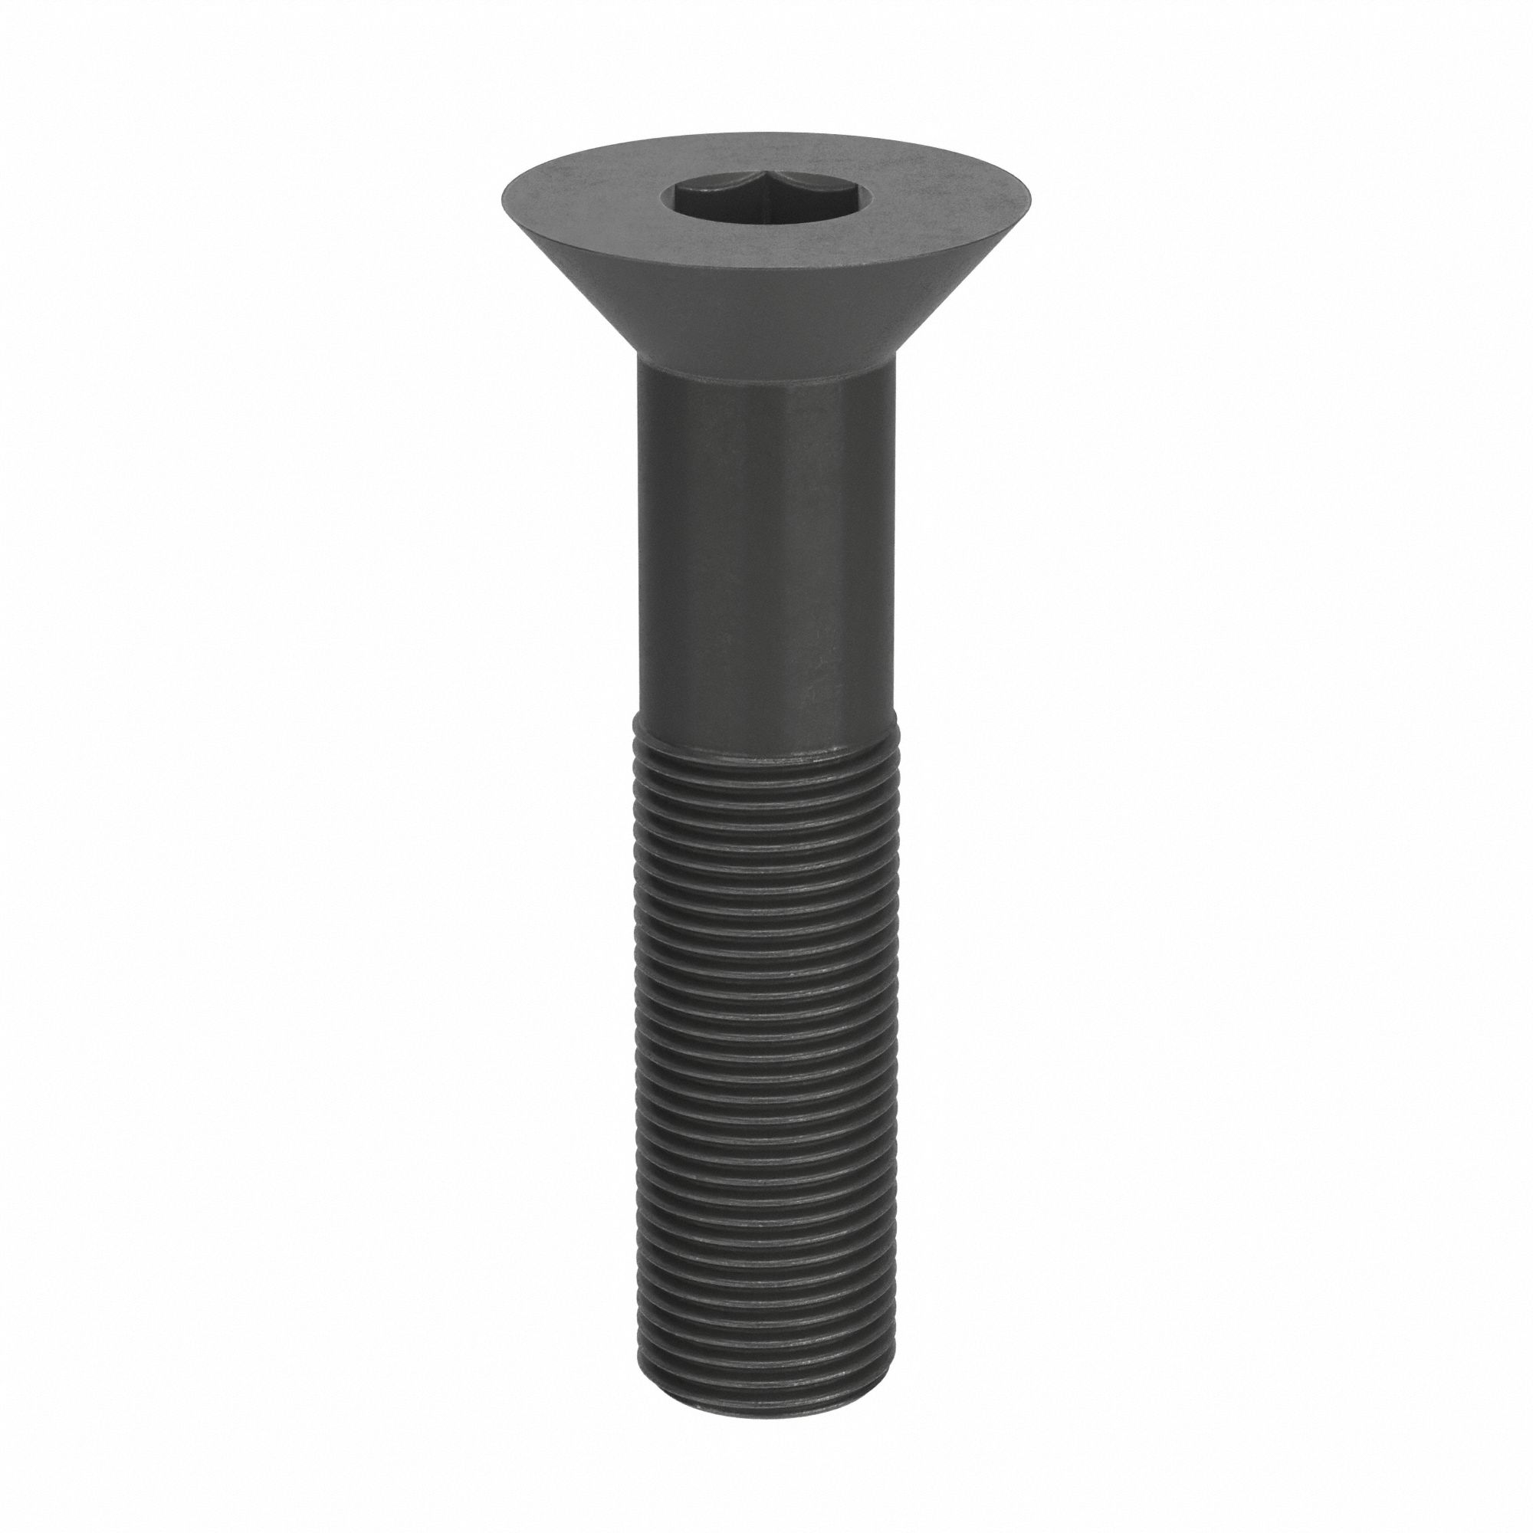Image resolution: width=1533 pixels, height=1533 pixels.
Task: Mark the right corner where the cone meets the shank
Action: [x=895, y=366]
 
